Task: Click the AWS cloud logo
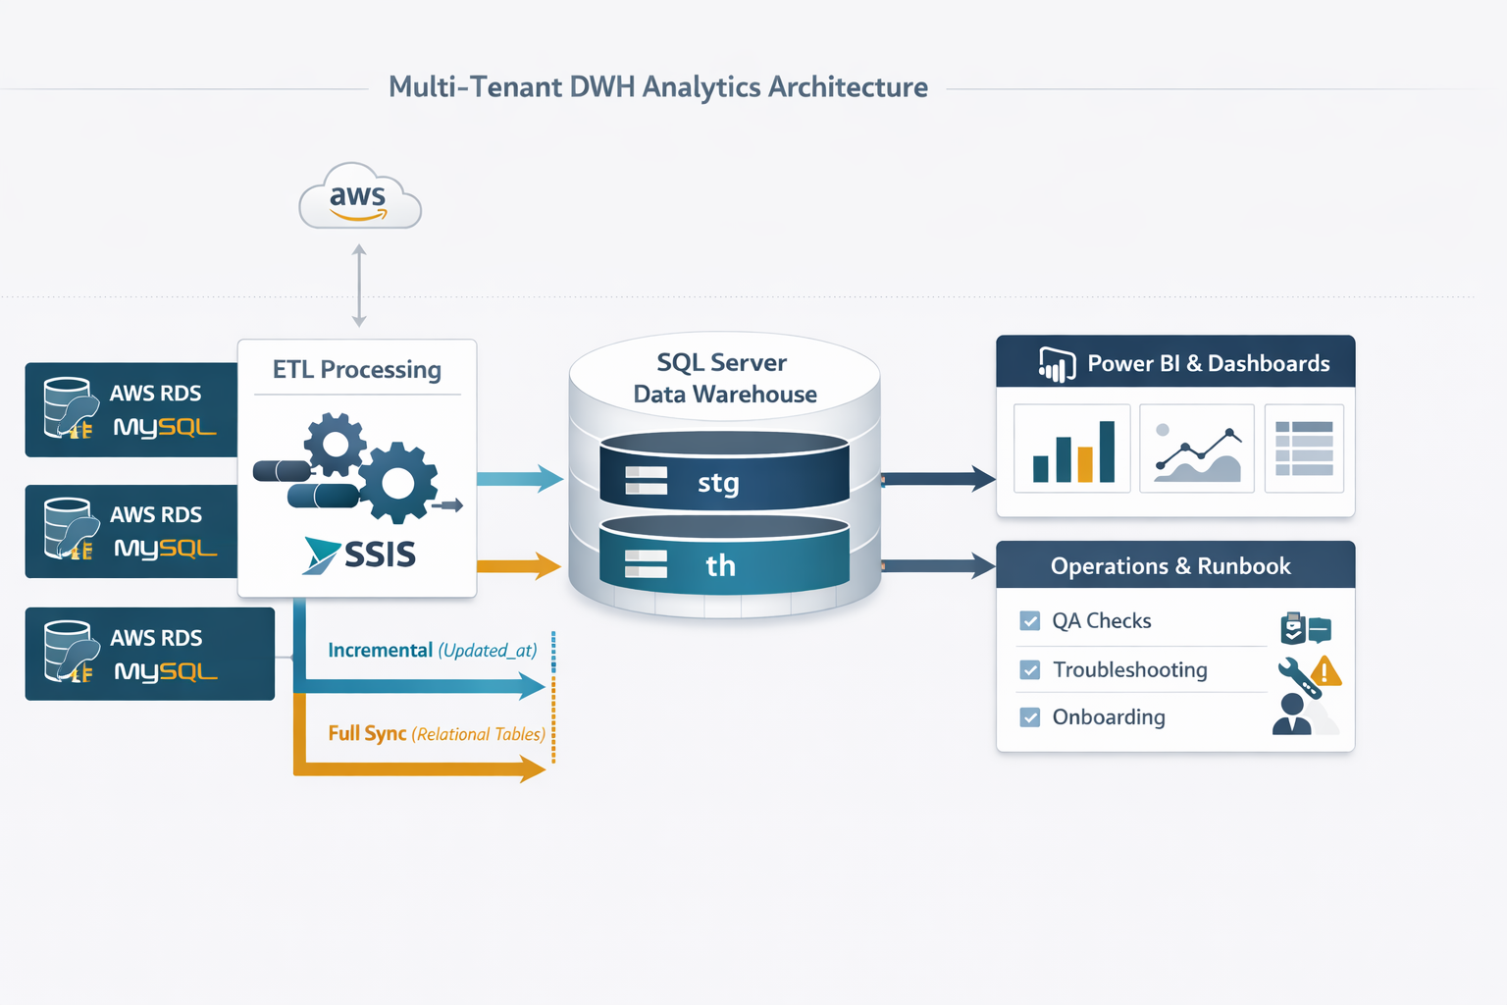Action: (359, 197)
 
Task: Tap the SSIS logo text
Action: (379, 555)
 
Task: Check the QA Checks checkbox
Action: (1030, 621)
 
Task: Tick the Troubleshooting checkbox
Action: (1030, 670)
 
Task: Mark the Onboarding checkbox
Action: (1030, 717)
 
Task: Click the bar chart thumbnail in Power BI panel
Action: (1072, 449)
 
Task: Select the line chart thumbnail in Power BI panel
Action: (1197, 449)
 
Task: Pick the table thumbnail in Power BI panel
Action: (1304, 449)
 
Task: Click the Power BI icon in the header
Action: (1057, 365)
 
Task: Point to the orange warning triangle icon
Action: (1325, 671)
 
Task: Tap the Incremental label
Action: (380, 651)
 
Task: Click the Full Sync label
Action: (367, 733)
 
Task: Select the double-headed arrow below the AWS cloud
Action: (359, 286)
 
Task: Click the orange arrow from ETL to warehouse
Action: (519, 565)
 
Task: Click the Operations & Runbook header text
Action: (1170, 566)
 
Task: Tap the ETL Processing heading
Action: (357, 370)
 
